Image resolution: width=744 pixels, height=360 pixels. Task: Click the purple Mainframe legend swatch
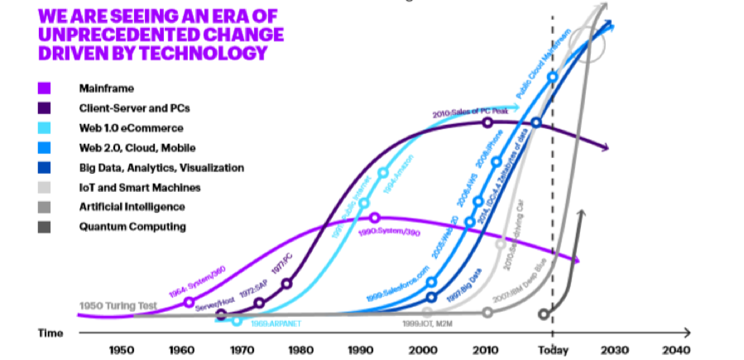pos(45,88)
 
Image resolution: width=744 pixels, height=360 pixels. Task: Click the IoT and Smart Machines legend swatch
pos(45,187)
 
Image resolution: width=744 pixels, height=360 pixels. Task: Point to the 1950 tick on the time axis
pos(122,349)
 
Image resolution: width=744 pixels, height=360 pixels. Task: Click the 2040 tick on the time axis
pos(674,349)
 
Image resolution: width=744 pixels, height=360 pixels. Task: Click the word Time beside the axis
pos(50,333)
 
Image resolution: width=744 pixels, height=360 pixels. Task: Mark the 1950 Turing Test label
pos(118,306)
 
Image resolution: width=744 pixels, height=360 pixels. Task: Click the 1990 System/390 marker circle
pos(375,218)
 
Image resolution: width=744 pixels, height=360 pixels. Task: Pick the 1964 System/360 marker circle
pos(190,302)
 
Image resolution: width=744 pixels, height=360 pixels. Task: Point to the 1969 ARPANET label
pos(276,323)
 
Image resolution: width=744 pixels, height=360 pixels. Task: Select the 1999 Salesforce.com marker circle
pos(431,282)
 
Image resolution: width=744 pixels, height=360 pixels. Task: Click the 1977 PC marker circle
pos(287,284)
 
